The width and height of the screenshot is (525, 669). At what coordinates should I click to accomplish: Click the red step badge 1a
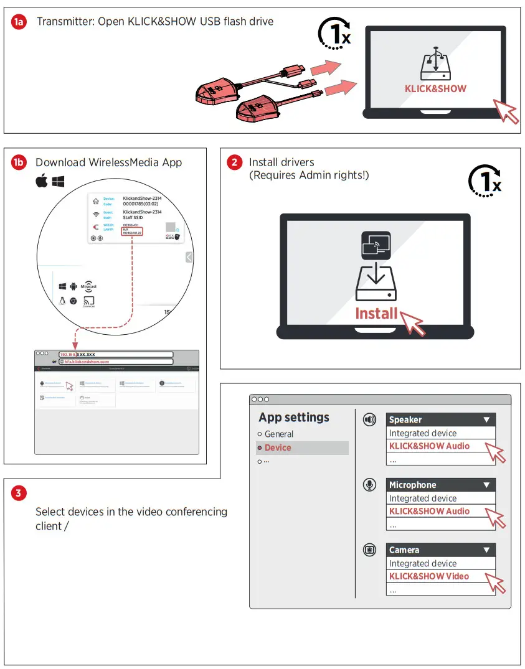pyautogui.click(x=20, y=22)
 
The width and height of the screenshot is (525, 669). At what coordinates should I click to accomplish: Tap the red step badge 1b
pyautogui.click(x=19, y=163)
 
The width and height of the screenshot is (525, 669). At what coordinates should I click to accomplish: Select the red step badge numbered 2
pyautogui.click(x=234, y=163)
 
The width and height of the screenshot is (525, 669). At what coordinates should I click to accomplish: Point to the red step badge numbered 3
pyautogui.click(x=19, y=494)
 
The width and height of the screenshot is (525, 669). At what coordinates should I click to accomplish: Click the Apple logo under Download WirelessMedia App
pyautogui.click(x=42, y=182)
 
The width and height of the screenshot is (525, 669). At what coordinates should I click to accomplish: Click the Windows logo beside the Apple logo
pyautogui.click(x=59, y=182)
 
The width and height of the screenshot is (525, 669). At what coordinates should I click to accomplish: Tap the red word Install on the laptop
pyautogui.click(x=376, y=314)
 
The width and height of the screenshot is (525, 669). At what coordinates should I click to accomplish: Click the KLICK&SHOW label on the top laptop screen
pyautogui.click(x=435, y=89)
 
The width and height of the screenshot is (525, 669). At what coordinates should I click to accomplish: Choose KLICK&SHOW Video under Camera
pyautogui.click(x=429, y=576)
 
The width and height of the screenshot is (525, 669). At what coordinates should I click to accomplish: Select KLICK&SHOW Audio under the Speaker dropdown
pyautogui.click(x=429, y=446)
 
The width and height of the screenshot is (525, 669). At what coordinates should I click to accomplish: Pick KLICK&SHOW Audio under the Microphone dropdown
pyautogui.click(x=429, y=511)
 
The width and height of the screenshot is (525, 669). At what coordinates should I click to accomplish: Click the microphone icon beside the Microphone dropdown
pyautogui.click(x=370, y=485)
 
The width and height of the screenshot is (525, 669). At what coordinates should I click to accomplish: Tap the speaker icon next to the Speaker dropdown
pyautogui.click(x=370, y=420)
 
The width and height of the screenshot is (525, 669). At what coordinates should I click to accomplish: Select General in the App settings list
pyautogui.click(x=278, y=434)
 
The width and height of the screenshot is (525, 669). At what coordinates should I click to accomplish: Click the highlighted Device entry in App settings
pyautogui.click(x=278, y=447)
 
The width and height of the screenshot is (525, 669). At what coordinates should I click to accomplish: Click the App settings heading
pyautogui.click(x=294, y=418)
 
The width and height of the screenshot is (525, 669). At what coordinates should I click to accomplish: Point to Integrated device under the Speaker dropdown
pyautogui.click(x=423, y=433)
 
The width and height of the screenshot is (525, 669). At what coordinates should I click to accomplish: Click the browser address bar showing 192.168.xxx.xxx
pyautogui.click(x=115, y=354)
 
